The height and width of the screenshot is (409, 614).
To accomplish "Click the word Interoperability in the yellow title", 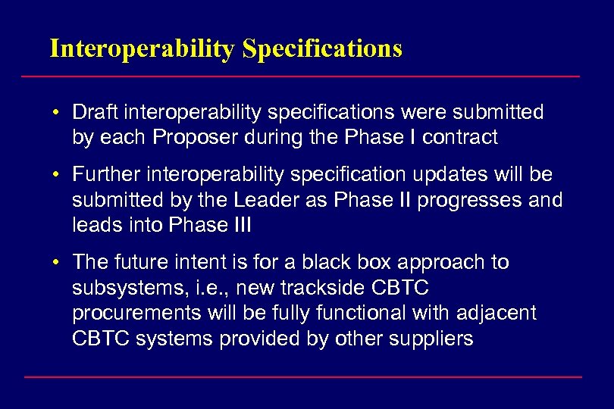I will (143, 48).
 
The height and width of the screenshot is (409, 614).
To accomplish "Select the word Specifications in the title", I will (322, 48).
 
